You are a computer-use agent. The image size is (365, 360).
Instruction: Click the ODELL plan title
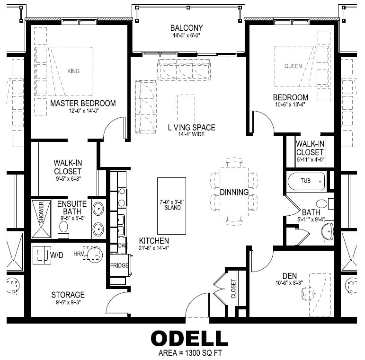coord(189,338)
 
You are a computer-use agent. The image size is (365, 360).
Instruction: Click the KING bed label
coord(73,71)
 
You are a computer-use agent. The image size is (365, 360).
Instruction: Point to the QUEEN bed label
coord(293,66)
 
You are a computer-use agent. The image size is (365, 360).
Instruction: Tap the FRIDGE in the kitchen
coord(119,265)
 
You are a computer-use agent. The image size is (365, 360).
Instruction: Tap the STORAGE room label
coord(68,295)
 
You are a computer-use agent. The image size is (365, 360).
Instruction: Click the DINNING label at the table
coord(234,192)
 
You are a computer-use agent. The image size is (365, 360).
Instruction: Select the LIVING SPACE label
coord(191,127)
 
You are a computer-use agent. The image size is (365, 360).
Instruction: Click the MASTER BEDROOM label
coord(83,103)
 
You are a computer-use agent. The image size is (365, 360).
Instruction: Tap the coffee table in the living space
coord(186,109)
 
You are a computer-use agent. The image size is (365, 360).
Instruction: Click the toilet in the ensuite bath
coord(64,227)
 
